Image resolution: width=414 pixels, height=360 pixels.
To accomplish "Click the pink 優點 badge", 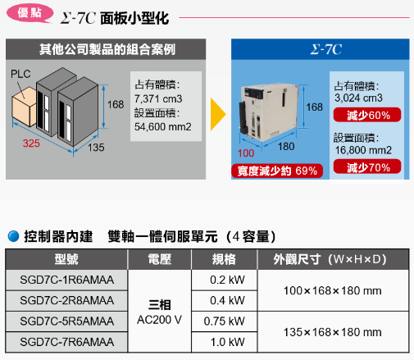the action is click(x=30, y=13).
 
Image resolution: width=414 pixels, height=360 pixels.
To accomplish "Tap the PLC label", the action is click(x=20, y=74).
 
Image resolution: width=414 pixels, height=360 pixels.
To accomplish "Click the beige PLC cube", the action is click(x=24, y=107).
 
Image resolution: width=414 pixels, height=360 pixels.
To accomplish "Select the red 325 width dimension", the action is click(x=31, y=144).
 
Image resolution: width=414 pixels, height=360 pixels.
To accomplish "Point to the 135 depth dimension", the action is click(x=96, y=148).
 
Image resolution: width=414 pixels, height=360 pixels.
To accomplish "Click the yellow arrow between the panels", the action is click(x=218, y=114).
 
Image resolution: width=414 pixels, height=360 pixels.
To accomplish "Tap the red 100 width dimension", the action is click(x=246, y=153).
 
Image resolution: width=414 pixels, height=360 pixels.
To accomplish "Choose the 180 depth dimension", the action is click(x=286, y=147).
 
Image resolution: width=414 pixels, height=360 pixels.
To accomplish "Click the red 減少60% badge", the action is click(x=367, y=115).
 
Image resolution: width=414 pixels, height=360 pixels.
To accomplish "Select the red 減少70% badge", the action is click(x=367, y=166).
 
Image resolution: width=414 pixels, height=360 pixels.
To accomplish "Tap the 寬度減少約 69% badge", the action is click(x=277, y=171).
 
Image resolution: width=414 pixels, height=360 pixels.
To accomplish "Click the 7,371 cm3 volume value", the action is click(x=158, y=98).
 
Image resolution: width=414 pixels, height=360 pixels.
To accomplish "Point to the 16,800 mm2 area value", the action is click(x=363, y=150).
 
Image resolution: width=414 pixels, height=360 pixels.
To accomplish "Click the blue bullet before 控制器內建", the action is click(x=13, y=236).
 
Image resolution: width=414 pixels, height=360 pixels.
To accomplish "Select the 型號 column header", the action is click(x=66, y=259).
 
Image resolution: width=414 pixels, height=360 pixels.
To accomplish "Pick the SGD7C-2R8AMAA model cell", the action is click(x=66, y=300).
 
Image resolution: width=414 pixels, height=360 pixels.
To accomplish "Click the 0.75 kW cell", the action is click(x=224, y=321).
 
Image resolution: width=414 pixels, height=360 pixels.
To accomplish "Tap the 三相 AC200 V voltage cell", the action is click(x=160, y=312).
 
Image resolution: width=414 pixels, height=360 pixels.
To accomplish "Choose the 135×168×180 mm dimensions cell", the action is click(x=333, y=332).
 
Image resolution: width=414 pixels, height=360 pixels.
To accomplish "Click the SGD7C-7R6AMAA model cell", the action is click(x=66, y=342).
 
